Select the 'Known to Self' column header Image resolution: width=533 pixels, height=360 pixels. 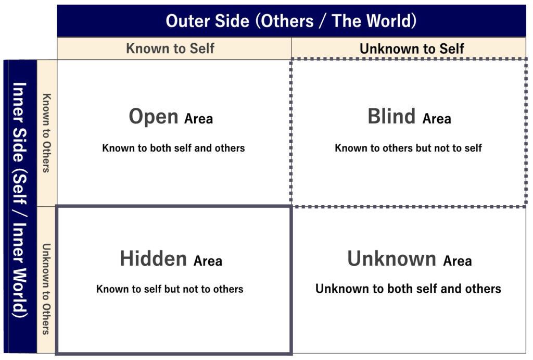[x=170, y=48]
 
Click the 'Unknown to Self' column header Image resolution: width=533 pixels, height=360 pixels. [x=412, y=48]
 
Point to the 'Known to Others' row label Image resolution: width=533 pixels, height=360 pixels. [x=46, y=133]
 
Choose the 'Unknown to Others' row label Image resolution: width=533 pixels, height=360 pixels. [x=46, y=289]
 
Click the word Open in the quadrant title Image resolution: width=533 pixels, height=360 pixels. [x=154, y=117]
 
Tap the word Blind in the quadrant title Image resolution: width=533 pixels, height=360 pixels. [x=391, y=116]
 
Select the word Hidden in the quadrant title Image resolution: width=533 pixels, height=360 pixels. [x=154, y=258]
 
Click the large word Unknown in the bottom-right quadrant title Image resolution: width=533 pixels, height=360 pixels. [x=391, y=258]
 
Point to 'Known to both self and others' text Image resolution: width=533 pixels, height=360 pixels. [x=173, y=148]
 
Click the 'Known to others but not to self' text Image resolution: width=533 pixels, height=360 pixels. [x=408, y=148]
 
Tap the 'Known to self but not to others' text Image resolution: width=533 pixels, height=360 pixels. [x=170, y=289]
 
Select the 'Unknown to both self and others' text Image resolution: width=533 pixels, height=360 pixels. [x=408, y=289]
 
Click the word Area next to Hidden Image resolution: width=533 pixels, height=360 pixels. [x=208, y=261]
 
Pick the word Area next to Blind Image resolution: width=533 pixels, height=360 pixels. [x=437, y=119]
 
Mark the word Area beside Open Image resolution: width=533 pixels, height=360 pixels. [x=198, y=119]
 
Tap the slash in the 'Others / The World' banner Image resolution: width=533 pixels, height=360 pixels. [x=322, y=21]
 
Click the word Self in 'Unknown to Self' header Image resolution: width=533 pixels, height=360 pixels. [x=451, y=48]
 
